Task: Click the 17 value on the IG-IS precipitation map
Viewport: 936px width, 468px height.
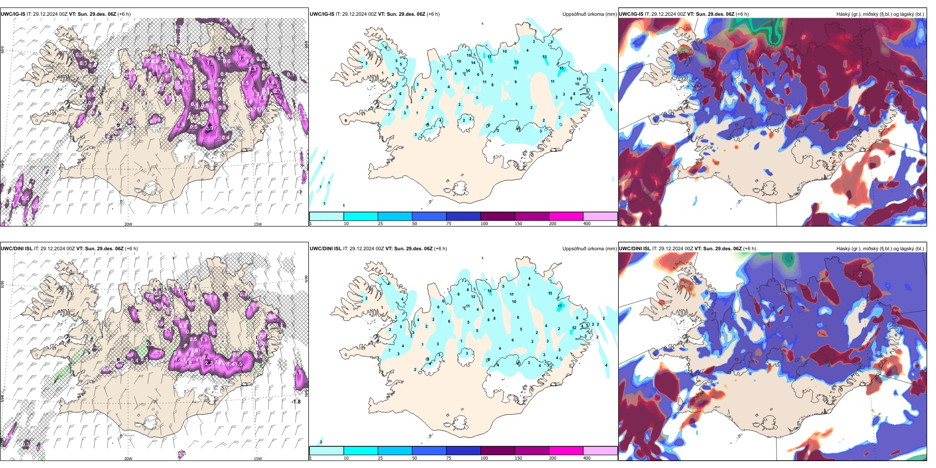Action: pos(490,57)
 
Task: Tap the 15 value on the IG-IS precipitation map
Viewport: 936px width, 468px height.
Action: pos(562,68)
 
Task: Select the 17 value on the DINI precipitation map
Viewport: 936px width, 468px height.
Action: pos(560,306)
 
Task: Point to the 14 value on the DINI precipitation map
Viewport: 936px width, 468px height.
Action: pos(490,291)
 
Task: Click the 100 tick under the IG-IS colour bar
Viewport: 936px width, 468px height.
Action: pos(484,224)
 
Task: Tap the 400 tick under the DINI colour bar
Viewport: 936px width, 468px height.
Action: pos(587,458)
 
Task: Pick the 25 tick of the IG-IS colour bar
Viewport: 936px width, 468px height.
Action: pos(380,224)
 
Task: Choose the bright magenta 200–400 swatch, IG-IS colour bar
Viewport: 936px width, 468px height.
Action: pos(566,216)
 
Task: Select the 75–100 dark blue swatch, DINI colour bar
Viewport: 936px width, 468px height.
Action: pos(463,451)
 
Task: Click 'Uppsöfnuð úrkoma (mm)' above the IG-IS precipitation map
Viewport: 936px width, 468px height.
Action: pos(589,14)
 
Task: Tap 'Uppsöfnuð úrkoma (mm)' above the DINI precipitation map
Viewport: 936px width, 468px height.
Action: pos(589,249)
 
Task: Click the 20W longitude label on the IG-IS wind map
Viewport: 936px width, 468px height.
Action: pos(128,224)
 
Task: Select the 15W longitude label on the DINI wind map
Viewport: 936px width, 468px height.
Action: pos(258,459)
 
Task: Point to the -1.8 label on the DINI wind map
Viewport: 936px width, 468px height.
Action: pos(296,402)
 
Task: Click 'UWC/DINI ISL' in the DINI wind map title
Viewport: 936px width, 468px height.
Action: pos(16,249)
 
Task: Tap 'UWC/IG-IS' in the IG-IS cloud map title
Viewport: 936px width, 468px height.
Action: pos(631,14)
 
